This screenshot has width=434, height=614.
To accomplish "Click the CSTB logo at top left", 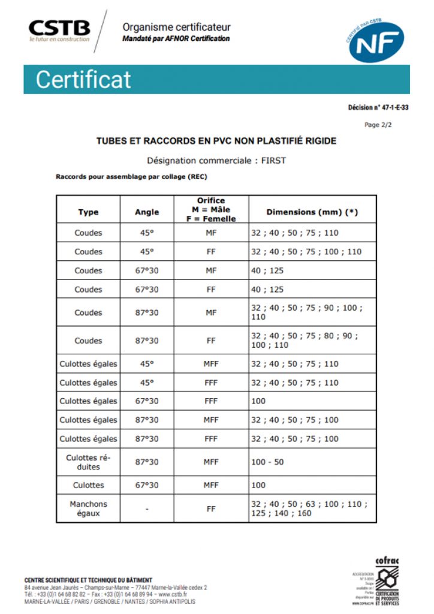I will pyautogui.click(x=59, y=30).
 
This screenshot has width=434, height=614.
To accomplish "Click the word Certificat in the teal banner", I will pyautogui.click(x=83, y=80).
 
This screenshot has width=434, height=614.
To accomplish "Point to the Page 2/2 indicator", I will pyautogui.click(x=379, y=125).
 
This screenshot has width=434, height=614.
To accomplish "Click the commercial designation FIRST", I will pyautogui.click(x=274, y=161).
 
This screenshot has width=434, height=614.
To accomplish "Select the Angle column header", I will pyautogui.click(x=147, y=212).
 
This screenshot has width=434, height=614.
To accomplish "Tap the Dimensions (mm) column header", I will pyautogui.click(x=312, y=212).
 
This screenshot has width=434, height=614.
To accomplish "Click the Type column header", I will pyautogui.click(x=88, y=212).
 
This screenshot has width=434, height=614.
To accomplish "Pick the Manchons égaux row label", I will pyautogui.click(x=88, y=508).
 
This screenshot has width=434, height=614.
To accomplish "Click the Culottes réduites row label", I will pyautogui.click(x=88, y=462).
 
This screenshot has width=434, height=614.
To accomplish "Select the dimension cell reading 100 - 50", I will pyautogui.click(x=267, y=462).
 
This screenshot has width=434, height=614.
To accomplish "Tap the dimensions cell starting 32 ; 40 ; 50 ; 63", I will pyautogui.click(x=309, y=508).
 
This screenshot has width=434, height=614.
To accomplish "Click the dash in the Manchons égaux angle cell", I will pyautogui.click(x=147, y=509).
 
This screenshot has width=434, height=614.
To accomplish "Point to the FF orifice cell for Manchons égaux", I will pyautogui.click(x=211, y=508).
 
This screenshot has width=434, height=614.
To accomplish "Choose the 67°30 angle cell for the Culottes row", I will pyautogui.click(x=147, y=485).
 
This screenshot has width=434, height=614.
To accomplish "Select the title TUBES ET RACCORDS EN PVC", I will pyautogui.click(x=216, y=141).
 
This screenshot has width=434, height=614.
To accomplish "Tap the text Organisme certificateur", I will pyautogui.click(x=176, y=27).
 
